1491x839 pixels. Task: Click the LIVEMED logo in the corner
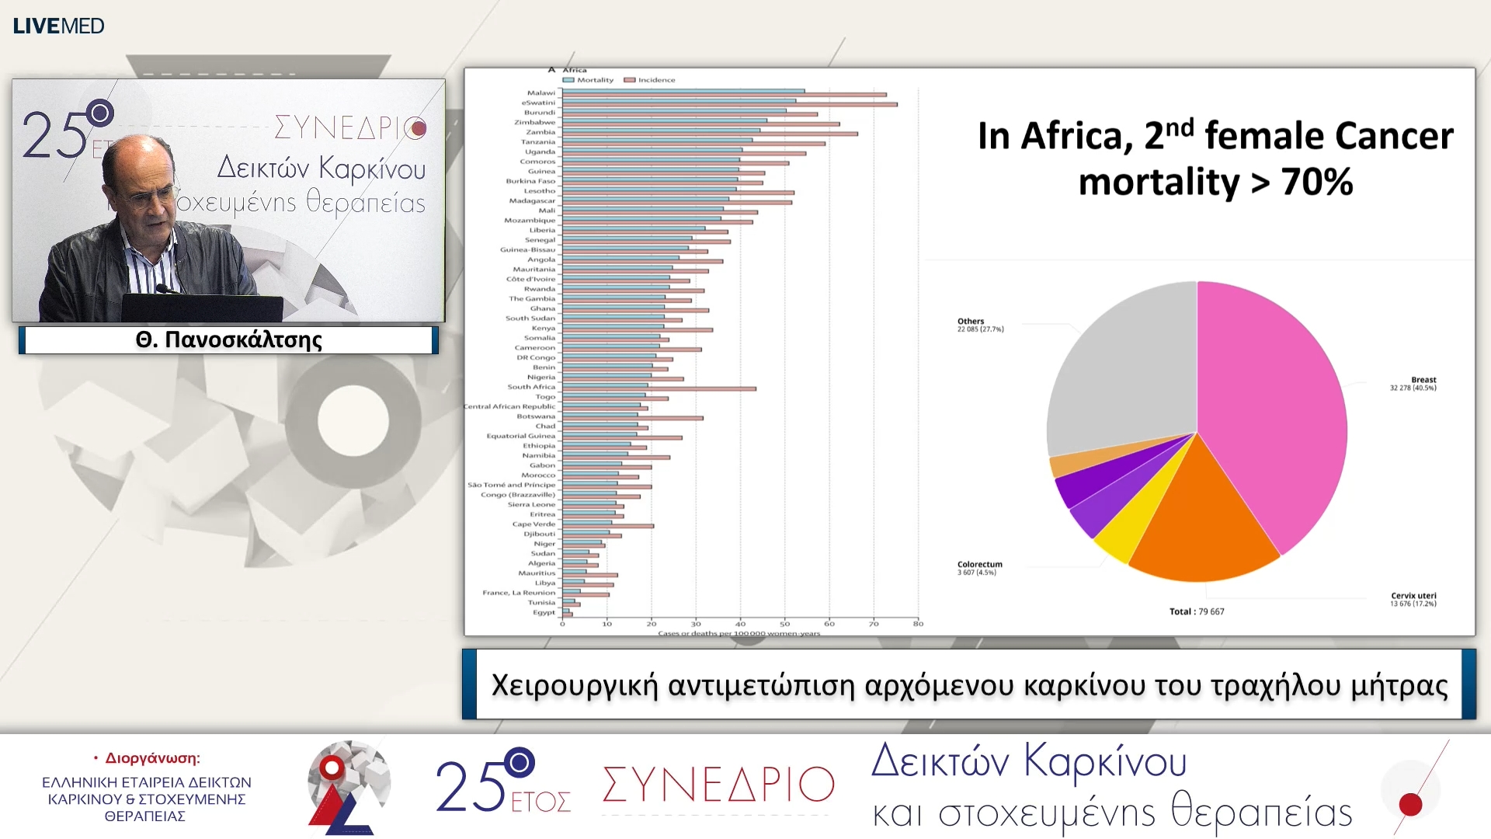[x=58, y=26]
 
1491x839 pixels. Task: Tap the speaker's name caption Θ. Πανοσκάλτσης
[x=228, y=340]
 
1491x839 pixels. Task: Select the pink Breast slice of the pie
[x=1274, y=404]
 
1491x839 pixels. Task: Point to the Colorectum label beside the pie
[x=979, y=565]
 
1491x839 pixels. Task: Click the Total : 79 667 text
[x=1196, y=612]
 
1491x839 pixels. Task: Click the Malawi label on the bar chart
[x=540, y=93]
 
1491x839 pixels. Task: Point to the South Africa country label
[x=531, y=387]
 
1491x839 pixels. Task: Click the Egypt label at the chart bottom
[x=544, y=612]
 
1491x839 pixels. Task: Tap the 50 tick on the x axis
[x=784, y=624]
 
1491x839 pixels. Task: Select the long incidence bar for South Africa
[x=699, y=388]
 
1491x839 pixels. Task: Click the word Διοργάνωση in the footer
[x=152, y=758]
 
